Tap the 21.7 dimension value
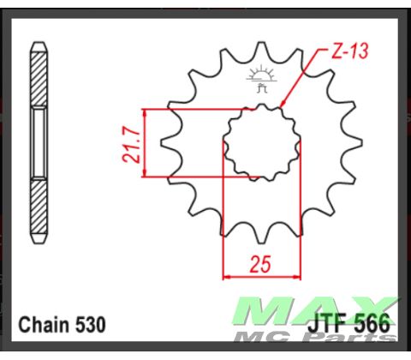pyautogui.click(x=128, y=143)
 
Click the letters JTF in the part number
pyautogui.click(x=330, y=325)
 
